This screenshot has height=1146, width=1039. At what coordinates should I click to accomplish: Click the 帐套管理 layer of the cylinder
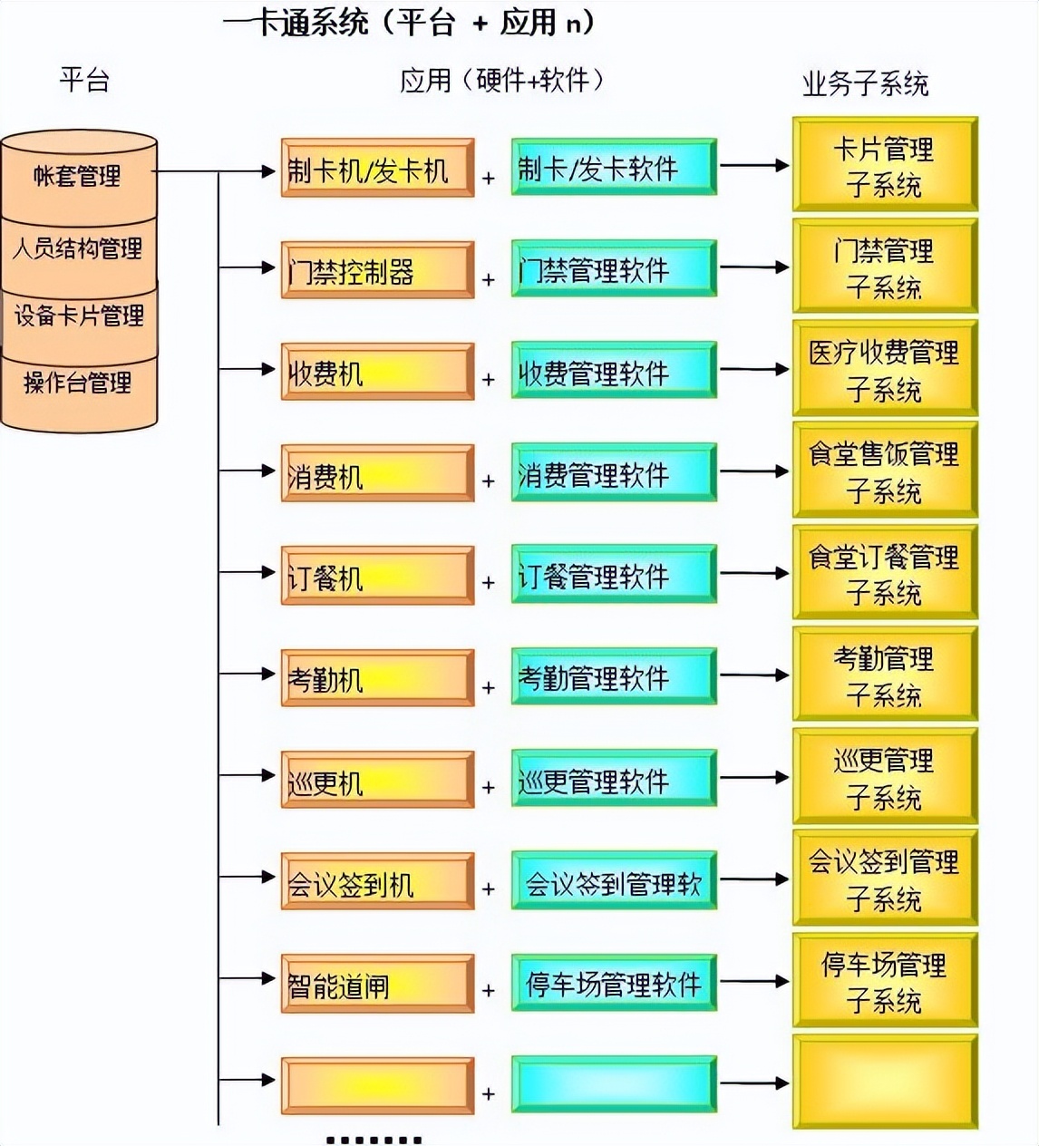(79, 176)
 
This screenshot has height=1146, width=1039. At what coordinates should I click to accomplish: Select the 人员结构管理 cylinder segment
(79, 249)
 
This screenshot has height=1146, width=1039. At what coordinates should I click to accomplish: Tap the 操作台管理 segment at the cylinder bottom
(79, 384)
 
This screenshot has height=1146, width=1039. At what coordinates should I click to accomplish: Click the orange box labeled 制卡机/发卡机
(377, 169)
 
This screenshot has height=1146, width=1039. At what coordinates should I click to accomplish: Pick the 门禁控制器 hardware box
(377, 270)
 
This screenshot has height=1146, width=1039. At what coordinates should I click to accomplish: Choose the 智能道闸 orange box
(377, 984)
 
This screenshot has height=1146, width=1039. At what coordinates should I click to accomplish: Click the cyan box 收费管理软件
(613, 372)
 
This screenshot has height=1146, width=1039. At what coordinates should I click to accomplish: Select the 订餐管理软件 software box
(613, 575)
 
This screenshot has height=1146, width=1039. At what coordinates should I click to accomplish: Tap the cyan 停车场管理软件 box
(613, 983)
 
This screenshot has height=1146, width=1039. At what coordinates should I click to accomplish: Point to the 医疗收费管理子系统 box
(884, 370)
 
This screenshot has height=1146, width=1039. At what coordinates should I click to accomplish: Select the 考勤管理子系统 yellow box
(884, 675)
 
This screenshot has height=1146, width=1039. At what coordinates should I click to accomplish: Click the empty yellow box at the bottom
(884, 1083)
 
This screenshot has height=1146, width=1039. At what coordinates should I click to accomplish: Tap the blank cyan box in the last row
(613, 1084)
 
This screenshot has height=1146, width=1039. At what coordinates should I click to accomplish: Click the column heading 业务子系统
(865, 84)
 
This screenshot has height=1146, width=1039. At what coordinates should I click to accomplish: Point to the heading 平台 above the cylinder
(84, 80)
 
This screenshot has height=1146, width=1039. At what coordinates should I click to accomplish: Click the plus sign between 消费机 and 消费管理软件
(489, 481)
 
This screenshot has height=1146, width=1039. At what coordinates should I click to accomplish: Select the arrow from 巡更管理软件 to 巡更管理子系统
(753, 778)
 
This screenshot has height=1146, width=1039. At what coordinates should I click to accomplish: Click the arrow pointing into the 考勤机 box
(248, 674)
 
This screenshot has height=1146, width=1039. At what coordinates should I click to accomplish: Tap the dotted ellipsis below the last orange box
(374, 1140)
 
